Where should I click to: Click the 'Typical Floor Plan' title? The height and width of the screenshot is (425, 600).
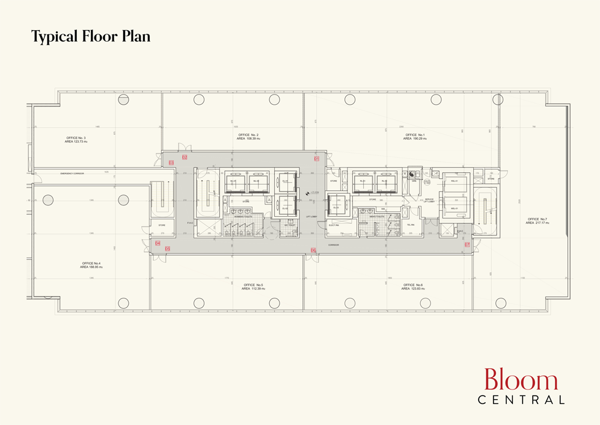click(x=91, y=37)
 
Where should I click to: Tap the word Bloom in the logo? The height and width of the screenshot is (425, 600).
click(x=521, y=381)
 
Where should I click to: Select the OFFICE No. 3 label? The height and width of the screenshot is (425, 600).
click(x=76, y=140)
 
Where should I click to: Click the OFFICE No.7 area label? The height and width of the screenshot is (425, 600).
click(x=537, y=221)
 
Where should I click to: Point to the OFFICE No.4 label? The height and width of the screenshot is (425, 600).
click(x=92, y=265)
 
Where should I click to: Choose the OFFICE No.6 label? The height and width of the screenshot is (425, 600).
click(x=414, y=287)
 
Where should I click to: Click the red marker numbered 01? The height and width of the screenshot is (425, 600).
click(x=316, y=158)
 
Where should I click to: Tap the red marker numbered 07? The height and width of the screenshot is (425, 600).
click(x=467, y=245)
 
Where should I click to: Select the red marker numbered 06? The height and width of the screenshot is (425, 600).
click(x=313, y=250)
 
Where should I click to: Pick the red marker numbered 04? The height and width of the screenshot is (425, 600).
click(x=158, y=243)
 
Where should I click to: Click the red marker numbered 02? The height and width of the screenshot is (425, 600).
click(x=185, y=157)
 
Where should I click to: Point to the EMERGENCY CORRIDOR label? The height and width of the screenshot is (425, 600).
click(x=72, y=173)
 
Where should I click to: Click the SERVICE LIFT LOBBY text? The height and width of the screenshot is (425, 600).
click(x=429, y=200)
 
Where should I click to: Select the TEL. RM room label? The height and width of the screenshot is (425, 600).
click(x=411, y=225)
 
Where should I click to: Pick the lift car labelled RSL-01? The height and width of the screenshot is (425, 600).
click(x=455, y=181)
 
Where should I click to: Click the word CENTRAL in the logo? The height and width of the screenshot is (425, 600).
click(x=521, y=399)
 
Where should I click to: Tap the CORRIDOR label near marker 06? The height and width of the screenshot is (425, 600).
click(x=334, y=245)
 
